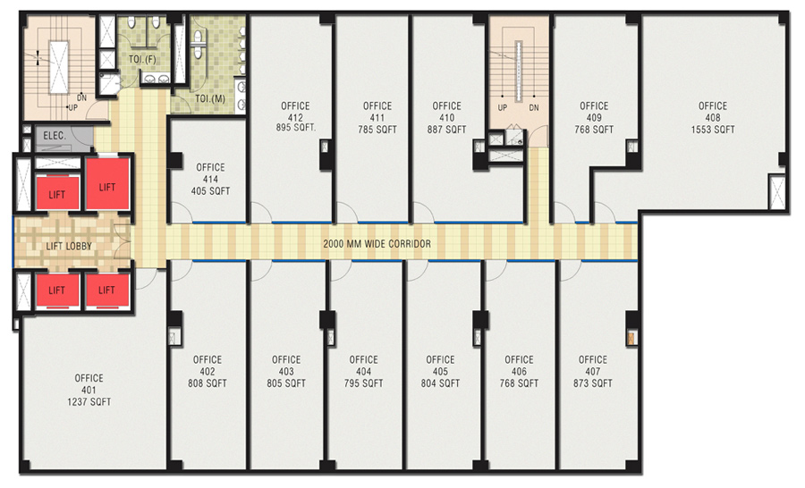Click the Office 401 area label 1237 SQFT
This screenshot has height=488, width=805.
(89, 402)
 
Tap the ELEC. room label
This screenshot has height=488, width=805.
(55, 136)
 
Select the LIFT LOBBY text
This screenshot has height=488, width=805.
(69, 247)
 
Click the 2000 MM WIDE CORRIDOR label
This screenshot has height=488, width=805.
(377, 244)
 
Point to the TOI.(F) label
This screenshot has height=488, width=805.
(142, 60)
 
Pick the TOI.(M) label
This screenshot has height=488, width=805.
(210, 98)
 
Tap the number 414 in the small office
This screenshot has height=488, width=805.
(210, 179)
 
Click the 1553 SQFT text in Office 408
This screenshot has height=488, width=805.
(713, 130)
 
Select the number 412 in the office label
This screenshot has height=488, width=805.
(295, 117)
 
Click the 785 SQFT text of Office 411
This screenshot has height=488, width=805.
(377, 130)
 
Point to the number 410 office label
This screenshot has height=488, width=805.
(446, 117)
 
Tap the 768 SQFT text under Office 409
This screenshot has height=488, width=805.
(594, 130)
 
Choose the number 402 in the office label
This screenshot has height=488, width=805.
(208, 372)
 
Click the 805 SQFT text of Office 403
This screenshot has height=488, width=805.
(286, 383)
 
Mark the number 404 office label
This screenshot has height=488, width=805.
(363, 372)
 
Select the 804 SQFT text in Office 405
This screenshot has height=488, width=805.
(440, 383)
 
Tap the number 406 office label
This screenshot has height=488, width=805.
(519, 372)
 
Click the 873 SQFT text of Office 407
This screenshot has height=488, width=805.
(593, 383)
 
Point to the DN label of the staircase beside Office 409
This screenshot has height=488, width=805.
(534, 108)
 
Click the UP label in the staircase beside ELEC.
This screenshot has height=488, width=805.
(73, 108)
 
